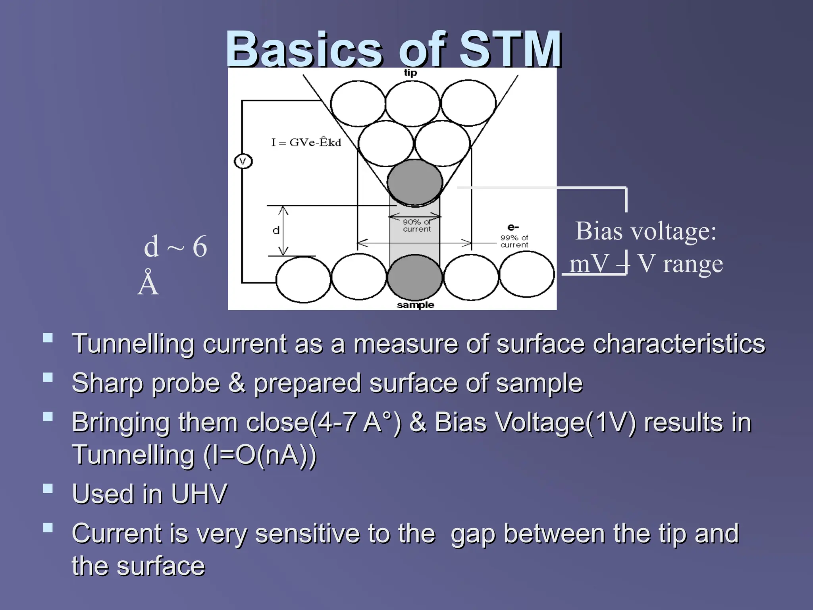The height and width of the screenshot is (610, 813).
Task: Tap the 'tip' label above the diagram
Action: (x=410, y=73)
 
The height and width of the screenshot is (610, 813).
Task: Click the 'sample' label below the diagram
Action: (x=415, y=305)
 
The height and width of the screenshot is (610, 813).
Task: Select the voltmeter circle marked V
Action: (x=243, y=162)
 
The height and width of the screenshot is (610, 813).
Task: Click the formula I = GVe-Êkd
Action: (x=306, y=142)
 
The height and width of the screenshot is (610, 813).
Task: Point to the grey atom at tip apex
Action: (x=414, y=182)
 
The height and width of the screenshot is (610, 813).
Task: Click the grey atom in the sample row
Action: (x=414, y=277)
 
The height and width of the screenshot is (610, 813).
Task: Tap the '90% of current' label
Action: (x=416, y=226)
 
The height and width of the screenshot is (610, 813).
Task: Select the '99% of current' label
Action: (x=514, y=241)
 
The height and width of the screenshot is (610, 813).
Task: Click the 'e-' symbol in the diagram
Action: (x=513, y=228)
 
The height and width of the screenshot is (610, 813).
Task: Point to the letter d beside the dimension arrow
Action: (x=276, y=230)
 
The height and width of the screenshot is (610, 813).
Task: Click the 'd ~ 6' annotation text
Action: (x=175, y=246)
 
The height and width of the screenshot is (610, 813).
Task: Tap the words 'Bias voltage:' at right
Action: (x=646, y=231)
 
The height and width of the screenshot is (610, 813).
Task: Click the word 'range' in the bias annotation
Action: (x=693, y=264)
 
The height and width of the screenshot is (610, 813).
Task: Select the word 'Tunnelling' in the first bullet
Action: (x=133, y=344)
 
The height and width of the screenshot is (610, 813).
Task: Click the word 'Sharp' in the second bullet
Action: (x=106, y=383)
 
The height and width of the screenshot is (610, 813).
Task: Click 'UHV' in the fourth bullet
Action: (x=199, y=494)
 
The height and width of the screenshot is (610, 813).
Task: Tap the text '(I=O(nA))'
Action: (x=260, y=455)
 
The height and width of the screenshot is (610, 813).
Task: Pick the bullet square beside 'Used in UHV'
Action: (x=48, y=488)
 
